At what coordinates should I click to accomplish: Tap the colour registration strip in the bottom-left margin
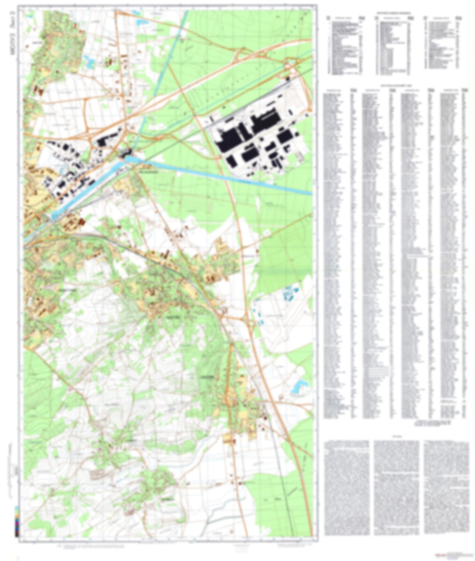point(17,521)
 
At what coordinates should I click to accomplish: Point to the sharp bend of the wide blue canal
point(127,159)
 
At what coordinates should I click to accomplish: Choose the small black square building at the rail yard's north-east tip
point(288,78)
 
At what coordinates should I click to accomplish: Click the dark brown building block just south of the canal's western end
point(81,222)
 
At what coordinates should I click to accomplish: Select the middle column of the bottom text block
point(396,487)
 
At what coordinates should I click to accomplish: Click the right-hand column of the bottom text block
point(446,487)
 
